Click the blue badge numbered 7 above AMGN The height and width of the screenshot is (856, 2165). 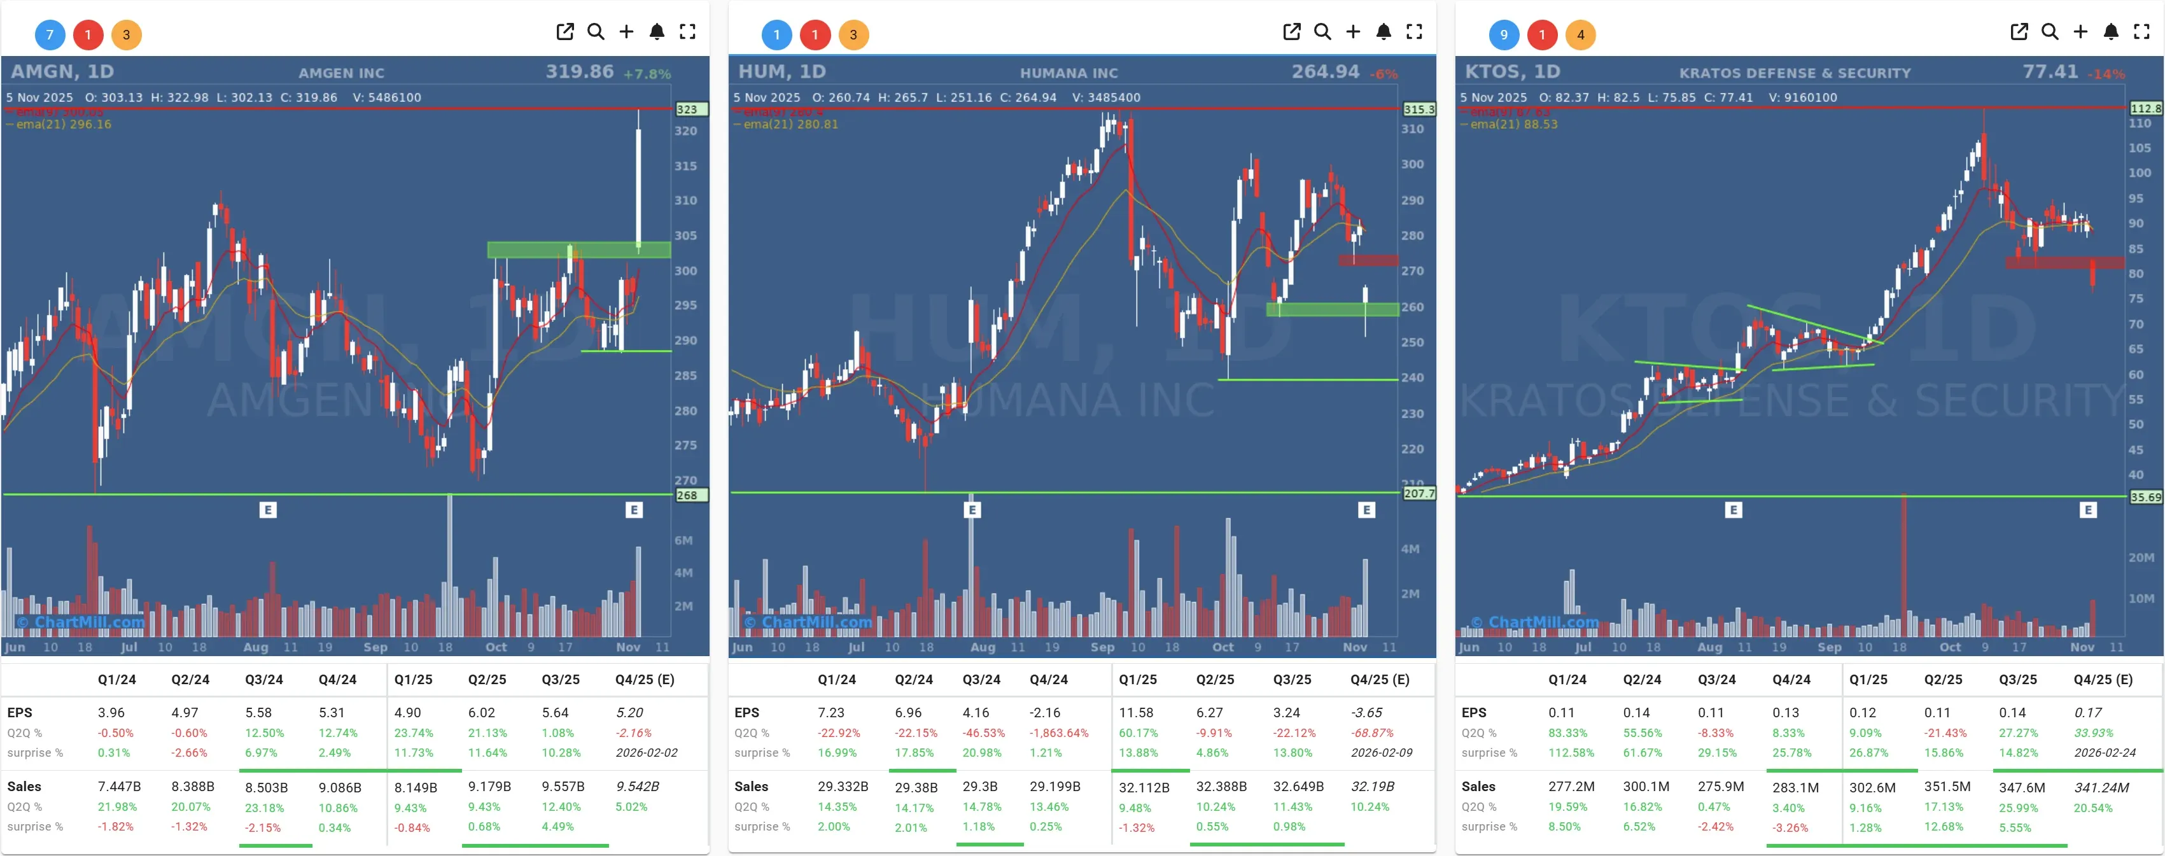click(x=50, y=34)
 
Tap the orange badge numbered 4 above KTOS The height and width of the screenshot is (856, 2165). click(x=1580, y=34)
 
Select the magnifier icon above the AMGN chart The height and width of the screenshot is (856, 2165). click(x=596, y=32)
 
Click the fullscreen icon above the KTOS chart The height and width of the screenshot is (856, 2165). click(x=2141, y=32)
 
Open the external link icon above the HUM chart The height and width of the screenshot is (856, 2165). click(x=1292, y=32)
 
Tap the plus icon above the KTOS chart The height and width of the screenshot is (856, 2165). click(x=2080, y=32)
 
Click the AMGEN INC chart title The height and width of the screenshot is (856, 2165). click(x=341, y=73)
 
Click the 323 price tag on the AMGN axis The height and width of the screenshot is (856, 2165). click(x=687, y=109)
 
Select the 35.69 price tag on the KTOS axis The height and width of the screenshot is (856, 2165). click(x=2145, y=497)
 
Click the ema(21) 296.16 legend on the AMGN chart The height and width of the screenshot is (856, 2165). click(x=64, y=125)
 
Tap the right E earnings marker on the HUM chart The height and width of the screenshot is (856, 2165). click(x=1366, y=510)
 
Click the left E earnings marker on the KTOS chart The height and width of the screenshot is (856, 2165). click(x=1733, y=510)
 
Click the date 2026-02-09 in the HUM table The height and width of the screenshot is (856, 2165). click(x=1382, y=752)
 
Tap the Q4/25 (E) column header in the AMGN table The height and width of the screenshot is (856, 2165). click(x=645, y=680)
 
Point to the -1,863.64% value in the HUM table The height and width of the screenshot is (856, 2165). click(x=1059, y=733)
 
